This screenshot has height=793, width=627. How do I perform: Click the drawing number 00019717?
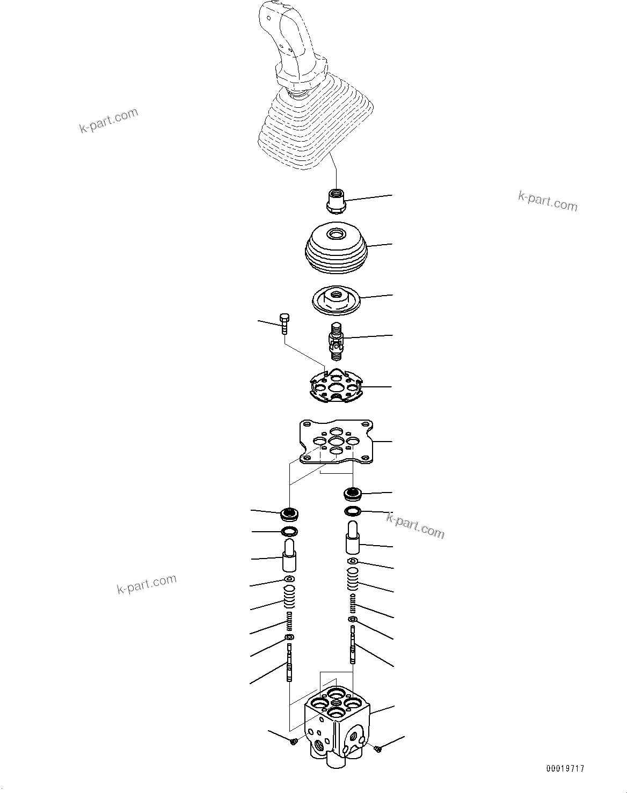click(x=565, y=768)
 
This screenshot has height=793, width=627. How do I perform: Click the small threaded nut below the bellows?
click(x=336, y=201)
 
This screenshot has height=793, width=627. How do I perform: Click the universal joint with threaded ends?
click(x=336, y=340)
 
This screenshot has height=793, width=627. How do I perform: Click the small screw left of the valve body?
click(x=293, y=741)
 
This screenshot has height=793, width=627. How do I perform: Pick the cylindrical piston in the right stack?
click(x=353, y=538)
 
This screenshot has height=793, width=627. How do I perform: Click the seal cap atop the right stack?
click(x=353, y=492)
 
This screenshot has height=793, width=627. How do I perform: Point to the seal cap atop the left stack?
click(x=289, y=514)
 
